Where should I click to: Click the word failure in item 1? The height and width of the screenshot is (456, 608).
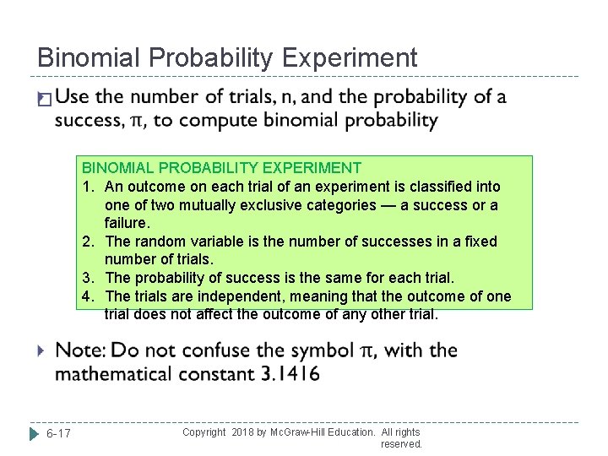126,223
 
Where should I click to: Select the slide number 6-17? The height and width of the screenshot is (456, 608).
58,434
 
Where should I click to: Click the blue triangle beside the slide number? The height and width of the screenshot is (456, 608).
34,434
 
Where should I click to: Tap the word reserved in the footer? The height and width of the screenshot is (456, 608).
400,444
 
